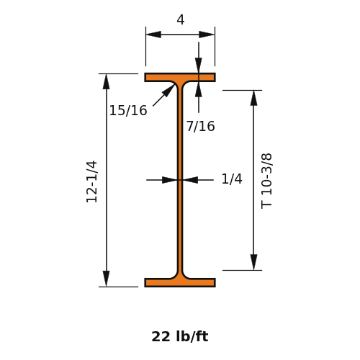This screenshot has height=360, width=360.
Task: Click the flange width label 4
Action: point(181,19)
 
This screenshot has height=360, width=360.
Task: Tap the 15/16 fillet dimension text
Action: point(128,111)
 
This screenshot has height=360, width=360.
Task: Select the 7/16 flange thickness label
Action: point(201,126)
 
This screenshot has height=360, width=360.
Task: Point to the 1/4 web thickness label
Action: point(232,179)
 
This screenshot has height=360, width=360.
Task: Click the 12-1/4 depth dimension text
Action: point(91,181)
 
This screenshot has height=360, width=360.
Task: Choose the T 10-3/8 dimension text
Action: point(266,181)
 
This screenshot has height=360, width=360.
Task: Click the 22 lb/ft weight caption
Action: point(180,336)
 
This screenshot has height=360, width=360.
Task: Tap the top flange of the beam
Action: point(180,78)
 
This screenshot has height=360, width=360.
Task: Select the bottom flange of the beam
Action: point(180,282)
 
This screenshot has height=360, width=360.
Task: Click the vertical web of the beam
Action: point(180,180)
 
